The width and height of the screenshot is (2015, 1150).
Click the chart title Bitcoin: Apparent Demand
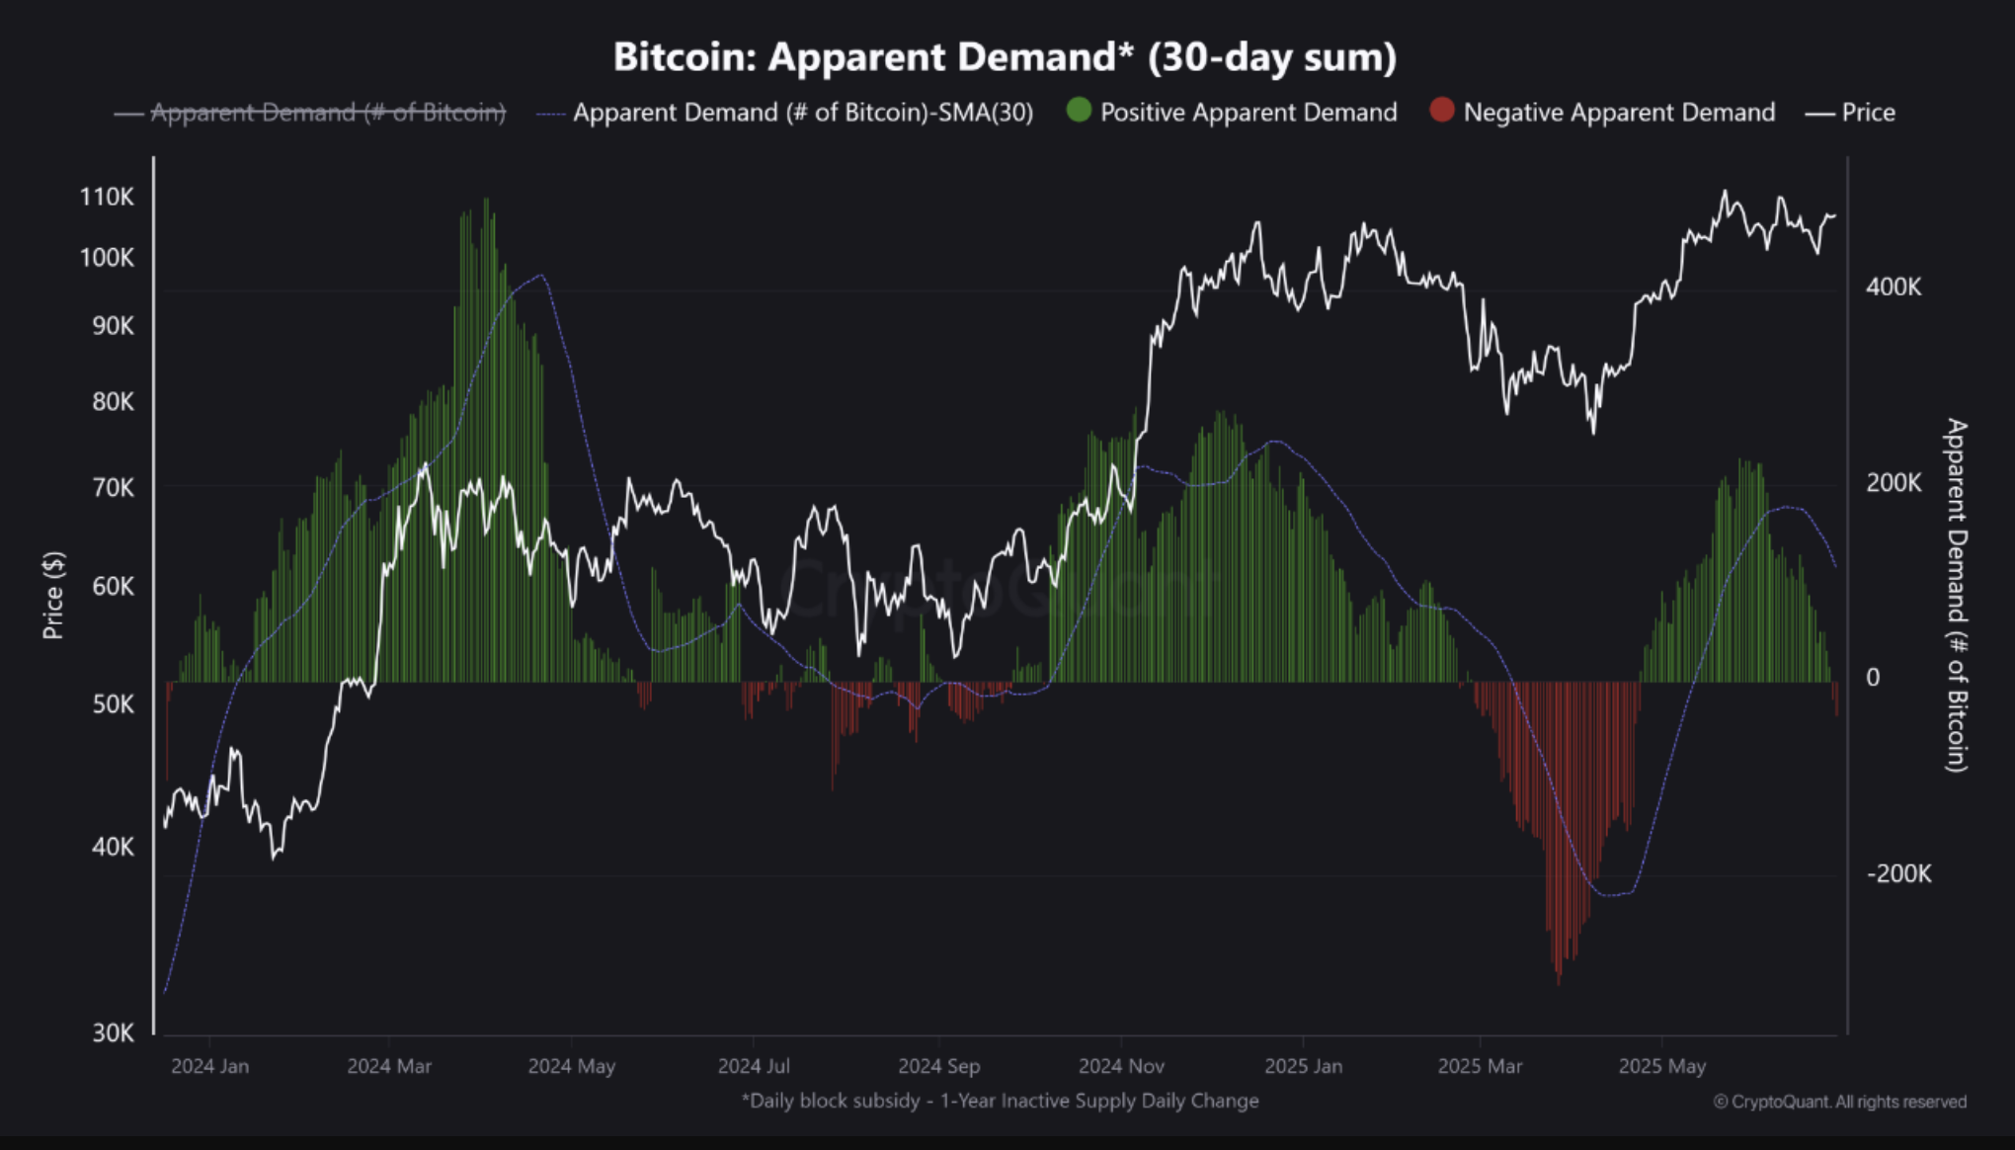click(x=1005, y=57)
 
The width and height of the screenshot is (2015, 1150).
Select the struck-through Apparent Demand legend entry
click(x=327, y=113)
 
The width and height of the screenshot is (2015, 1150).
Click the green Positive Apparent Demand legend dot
click(x=1079, y=111)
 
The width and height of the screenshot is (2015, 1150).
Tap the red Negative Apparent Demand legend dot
click(x=1442, y=111)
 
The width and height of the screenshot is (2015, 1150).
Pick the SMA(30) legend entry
click(x=802, y=113)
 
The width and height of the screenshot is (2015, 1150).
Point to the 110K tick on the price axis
click(x=107, y=197)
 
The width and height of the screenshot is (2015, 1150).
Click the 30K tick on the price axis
click(x=113, y=1033)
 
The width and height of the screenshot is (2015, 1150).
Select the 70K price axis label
click(x=113, y=488)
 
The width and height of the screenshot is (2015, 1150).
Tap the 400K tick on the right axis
click(x=1894, y=287)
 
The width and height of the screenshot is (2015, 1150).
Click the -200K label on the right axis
click(x=1898, y=874)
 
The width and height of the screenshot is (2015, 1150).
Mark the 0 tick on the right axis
click(x=1873, y=678)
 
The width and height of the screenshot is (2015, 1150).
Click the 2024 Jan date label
click(x=209, y=1067)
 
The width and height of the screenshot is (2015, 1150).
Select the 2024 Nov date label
click(x=1121, y=1067)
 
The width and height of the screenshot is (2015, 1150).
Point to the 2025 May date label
click(x=1662, y=1067)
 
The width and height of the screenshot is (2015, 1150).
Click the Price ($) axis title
click(x=53, y=596)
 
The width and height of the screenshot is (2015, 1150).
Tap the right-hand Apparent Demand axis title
click(x=1956, y=595)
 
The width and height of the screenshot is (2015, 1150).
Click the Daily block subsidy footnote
click(x=1000, y=1101)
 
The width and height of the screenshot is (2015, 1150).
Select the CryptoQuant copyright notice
click(x=1839, y=1102)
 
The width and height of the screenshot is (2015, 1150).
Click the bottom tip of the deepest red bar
click(x=1559, y=984)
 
